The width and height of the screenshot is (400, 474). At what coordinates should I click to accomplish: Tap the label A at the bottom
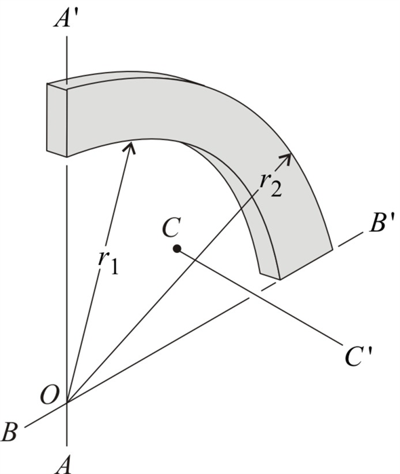[x=64, y=465]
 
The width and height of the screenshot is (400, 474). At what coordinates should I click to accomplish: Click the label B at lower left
[x=10, y=432]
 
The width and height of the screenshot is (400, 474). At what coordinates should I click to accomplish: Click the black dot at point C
[x=176, y=249]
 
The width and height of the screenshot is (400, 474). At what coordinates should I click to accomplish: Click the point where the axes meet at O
[x=67, y=402]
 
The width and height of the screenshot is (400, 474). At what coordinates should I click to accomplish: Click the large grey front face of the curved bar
[x=203, y=115]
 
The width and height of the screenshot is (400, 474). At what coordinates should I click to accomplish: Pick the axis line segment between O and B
[x=44, y=415]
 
